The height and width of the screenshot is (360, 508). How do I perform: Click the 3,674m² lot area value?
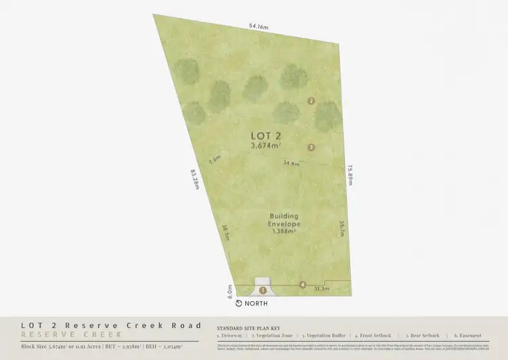click(265, 144)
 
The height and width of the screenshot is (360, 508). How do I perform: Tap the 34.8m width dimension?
click(292, 163)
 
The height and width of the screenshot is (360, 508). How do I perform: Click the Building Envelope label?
click(284, 220)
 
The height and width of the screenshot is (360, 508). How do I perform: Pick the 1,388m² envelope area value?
click(284, 231)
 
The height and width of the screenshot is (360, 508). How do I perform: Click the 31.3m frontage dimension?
click(322, 289)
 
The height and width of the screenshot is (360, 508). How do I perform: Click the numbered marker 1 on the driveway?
click(263, 290)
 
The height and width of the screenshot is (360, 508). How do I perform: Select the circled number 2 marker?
click(311, 101)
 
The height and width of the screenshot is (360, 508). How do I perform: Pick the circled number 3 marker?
click(311, 147)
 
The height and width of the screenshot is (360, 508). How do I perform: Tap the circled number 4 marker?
click(303, 285)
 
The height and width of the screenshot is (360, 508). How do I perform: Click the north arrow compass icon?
click(239, 303)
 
